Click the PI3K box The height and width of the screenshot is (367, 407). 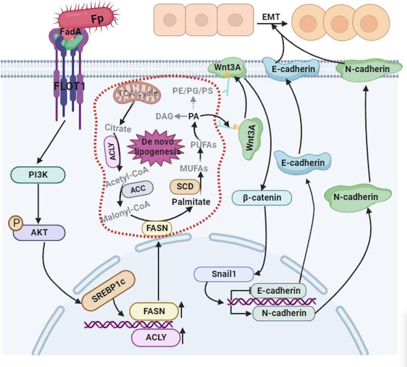click(x=38, y=175)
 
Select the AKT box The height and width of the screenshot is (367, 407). click(x=39, y=233)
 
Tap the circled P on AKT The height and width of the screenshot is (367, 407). click(x=16, y=223)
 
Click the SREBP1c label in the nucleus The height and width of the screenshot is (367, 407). click(x=108, y=290)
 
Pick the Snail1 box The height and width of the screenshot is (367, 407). click(x=224, y=274)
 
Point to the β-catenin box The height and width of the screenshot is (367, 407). click(x=261, y=197)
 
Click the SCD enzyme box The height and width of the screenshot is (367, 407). click(x=185, y=186)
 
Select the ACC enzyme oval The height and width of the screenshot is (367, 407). click(x=137, y=189)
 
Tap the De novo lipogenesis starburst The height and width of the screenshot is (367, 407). click(x=157, y=147)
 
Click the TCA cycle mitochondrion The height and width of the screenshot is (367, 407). click(x=137, y=94)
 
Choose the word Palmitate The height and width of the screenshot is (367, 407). click(x=191, y=202)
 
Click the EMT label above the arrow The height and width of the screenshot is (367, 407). click(x=271, y=17)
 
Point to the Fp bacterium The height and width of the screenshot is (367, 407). click(x=86, y=17)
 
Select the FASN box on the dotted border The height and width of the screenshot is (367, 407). click(x=157, y=228)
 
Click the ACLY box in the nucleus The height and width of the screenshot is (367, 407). click(x=156, y=337)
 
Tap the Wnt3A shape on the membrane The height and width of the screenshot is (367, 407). click(x=227, y=68)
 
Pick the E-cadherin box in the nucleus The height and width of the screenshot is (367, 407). click(x=278, y=291)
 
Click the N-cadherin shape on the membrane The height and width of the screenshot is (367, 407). click(x=368, y=69)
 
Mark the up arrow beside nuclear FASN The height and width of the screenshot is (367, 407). click(x=182, y=310)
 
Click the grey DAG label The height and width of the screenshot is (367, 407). click(x=164, y=117)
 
